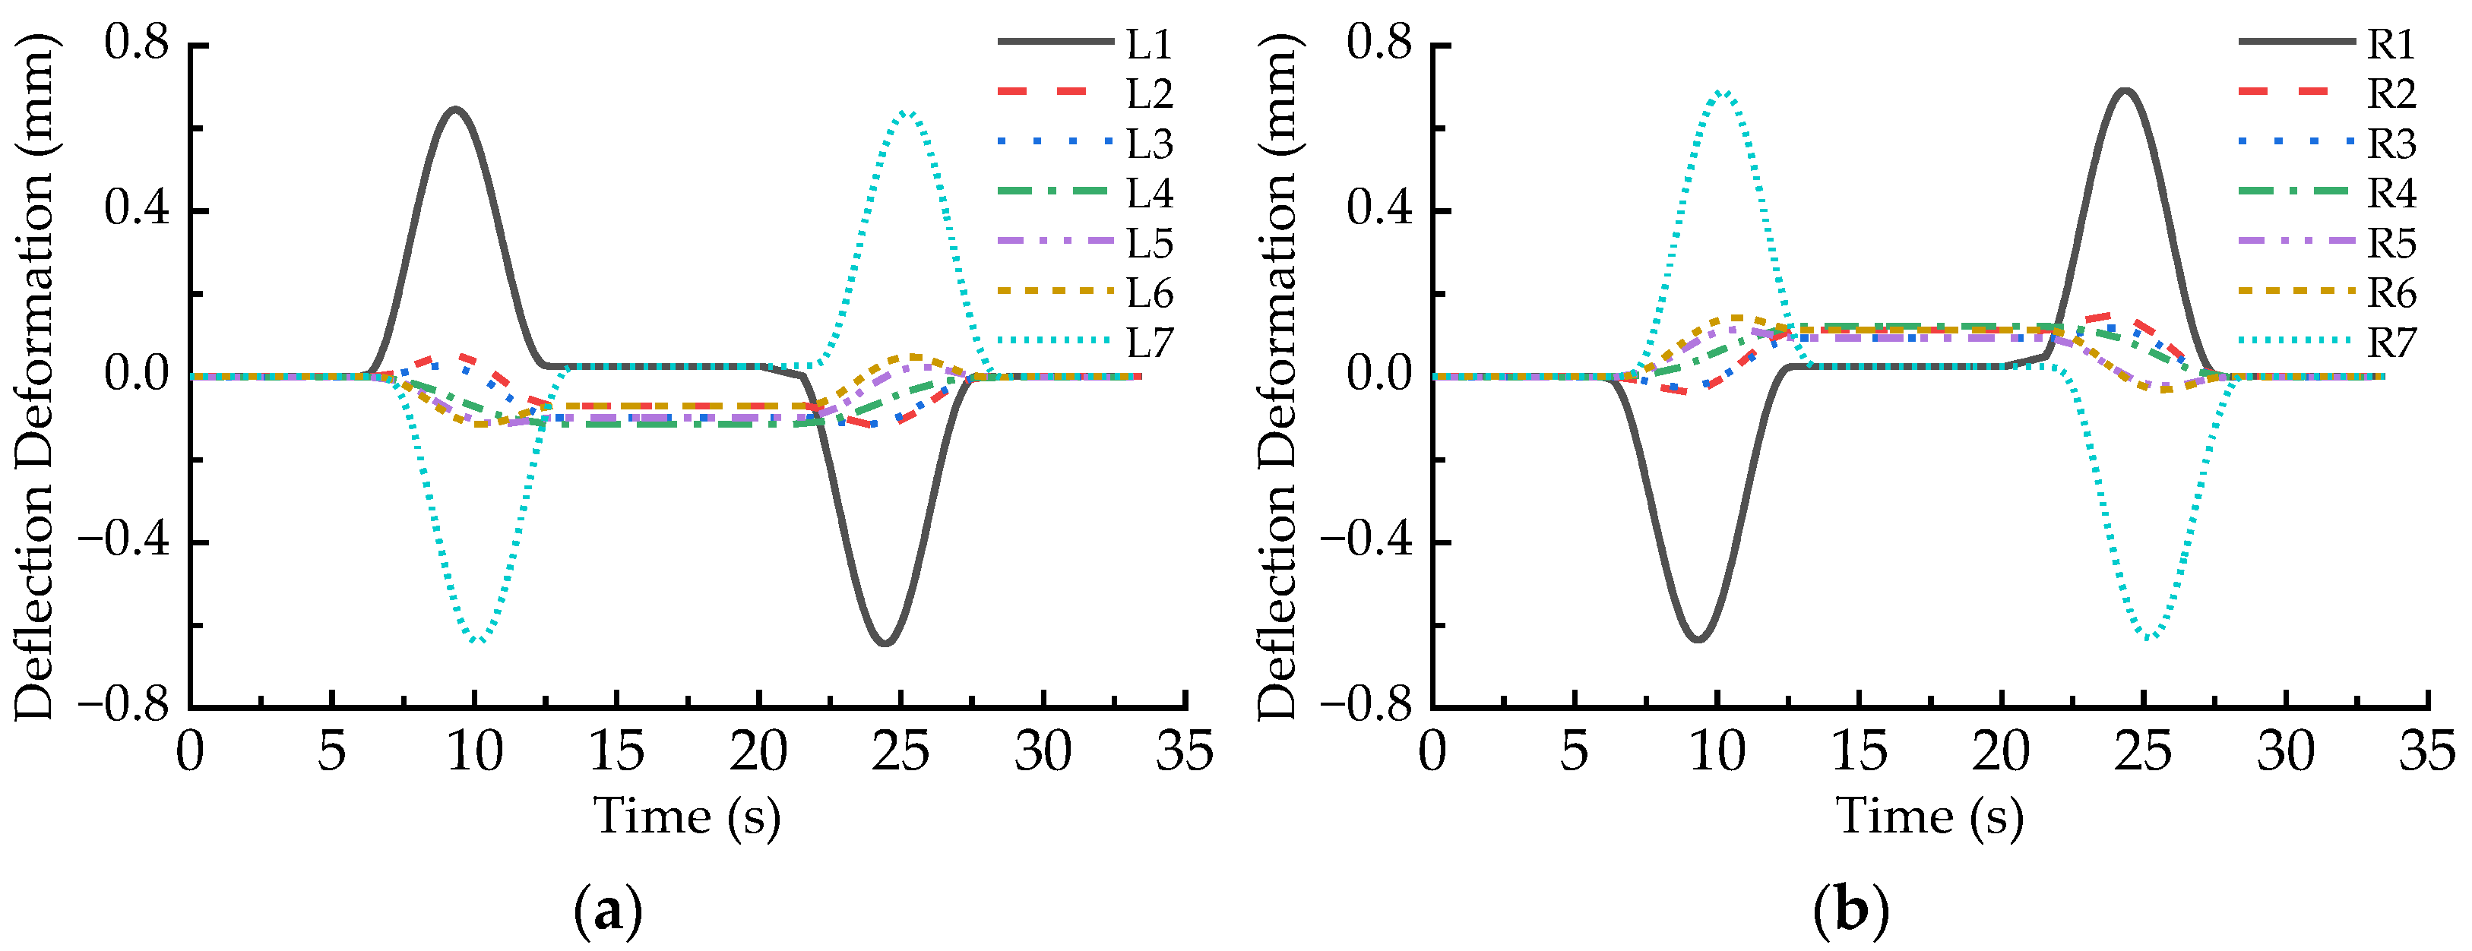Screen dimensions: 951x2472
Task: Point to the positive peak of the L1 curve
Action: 456,109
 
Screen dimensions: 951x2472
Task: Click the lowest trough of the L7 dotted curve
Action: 477,640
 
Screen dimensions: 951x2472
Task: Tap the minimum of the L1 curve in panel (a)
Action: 885,643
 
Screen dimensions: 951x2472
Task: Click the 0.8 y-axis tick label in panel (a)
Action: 136,43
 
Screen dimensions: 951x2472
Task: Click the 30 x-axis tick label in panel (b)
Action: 2285,751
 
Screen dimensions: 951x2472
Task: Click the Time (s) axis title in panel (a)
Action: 687,817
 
